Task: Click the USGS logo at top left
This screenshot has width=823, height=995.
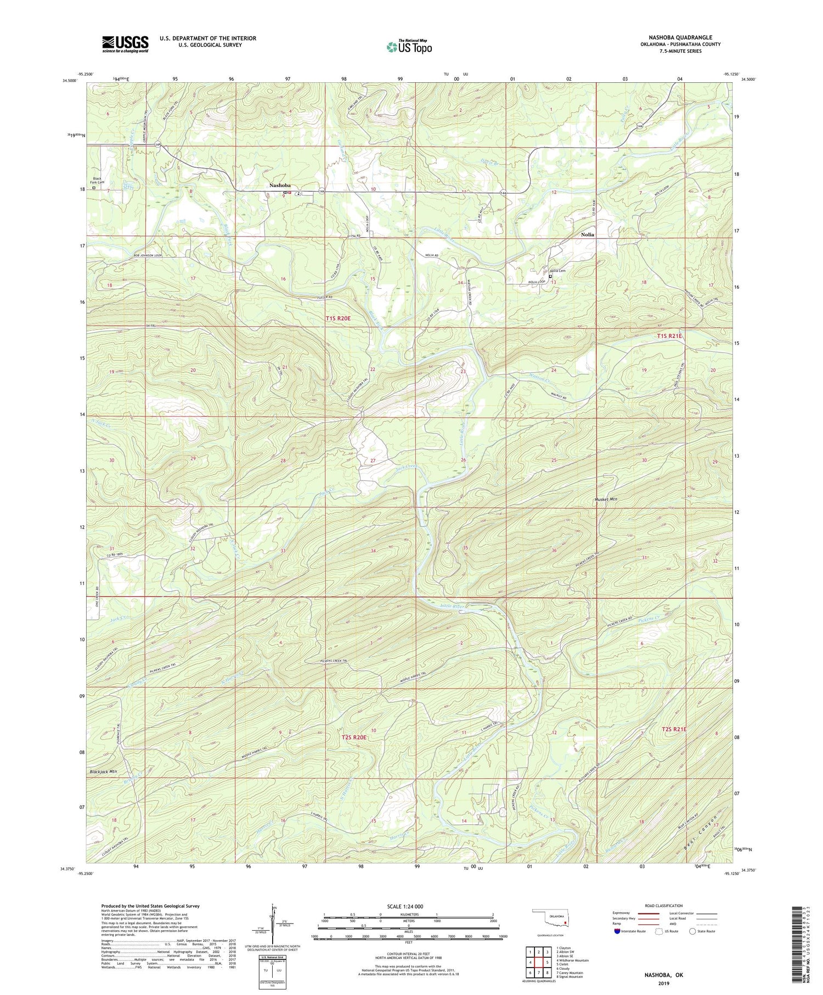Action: point(125,44)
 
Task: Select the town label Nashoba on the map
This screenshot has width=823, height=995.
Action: point(280,185)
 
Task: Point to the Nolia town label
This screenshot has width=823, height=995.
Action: point(588,234)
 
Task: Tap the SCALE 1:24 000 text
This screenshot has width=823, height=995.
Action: point(408,906)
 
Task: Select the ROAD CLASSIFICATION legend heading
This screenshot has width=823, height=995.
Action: point(664,906)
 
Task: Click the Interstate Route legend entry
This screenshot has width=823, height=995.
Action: point(630,931)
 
